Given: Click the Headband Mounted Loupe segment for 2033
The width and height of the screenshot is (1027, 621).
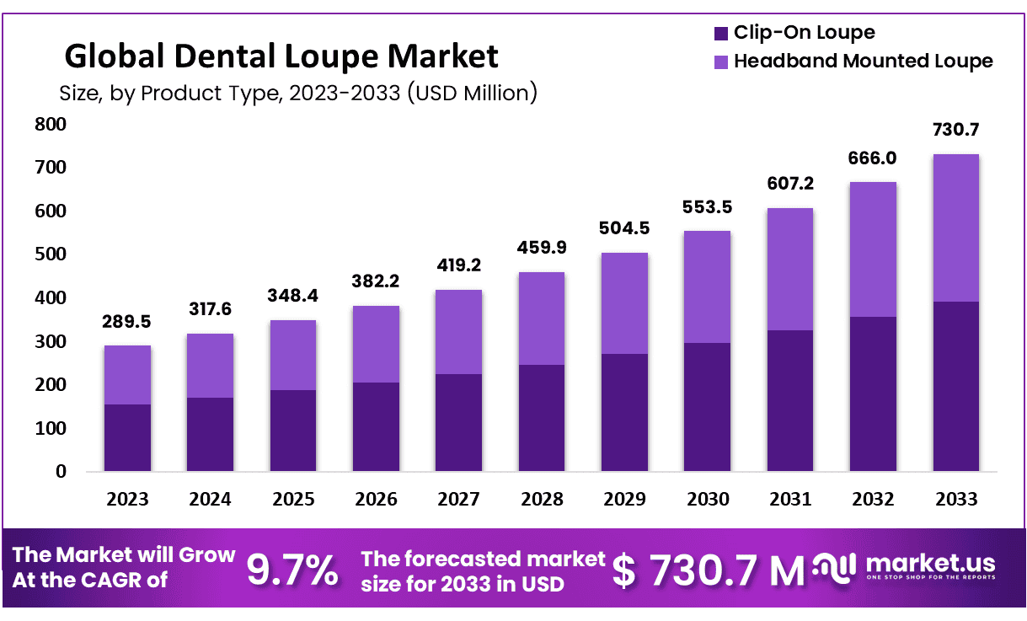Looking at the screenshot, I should pyautogui.click(x=955, y=228).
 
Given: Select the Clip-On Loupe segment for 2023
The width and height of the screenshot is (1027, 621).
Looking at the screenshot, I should pyautogui.click(x=127, y=437).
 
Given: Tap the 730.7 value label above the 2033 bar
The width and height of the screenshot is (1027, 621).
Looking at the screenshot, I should pyautogui.click(x=955, y=131).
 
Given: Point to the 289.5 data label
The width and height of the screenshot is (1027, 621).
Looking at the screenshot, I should pyautogui.click(x=127, y=322).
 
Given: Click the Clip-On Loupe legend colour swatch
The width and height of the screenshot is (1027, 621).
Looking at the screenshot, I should pyautogui.click(x=720, y=34).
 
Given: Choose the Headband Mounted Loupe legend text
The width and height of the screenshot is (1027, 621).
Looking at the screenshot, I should pyautogui.click(x=863, y=61).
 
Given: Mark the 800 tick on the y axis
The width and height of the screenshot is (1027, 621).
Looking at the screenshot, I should pyautogui.click(x=50, y=125).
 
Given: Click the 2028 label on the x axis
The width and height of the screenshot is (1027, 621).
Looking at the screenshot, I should pyautogui.click(x=542, y=499).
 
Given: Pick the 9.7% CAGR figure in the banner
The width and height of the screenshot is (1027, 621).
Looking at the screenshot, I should pyautogui.click(x=292, y=571).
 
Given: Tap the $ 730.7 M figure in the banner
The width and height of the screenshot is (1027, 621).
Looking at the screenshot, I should pyautogui.click(x=708, y=571).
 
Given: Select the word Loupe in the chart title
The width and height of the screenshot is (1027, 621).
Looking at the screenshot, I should pyautogui.click(x=333, y=56).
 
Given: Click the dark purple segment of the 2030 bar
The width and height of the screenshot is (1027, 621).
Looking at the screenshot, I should pyautogui.click(x=707, y=406).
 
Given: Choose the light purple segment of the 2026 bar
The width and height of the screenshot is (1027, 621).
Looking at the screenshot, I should pyautogui.click(x=376, y=344).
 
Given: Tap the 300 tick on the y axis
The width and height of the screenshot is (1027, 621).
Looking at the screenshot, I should pyautogui.click(x=50, y=341).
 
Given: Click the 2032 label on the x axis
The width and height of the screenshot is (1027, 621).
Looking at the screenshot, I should pyautogui.click(x=873, y=499).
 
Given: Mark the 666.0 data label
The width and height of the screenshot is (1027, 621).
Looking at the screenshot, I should pyautogui.click(x=873, y=159).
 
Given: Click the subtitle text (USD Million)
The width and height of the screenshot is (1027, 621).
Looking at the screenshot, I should pyautogui.click(x=472, y=92).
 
